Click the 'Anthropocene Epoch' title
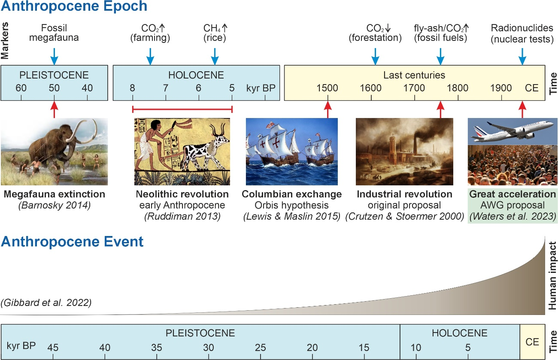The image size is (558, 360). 74,6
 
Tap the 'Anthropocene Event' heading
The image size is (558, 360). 72,242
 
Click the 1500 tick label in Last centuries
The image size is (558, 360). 327,88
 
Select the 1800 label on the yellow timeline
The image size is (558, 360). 458,88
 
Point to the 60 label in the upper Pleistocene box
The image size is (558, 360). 21,88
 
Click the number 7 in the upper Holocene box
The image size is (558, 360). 165,88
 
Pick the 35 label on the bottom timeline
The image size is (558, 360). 156,348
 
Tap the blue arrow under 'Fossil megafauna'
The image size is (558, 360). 55,57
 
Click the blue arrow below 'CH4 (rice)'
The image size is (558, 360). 215,57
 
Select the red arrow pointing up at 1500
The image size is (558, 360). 328,109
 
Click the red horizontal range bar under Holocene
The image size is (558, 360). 182,109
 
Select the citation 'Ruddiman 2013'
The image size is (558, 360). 182,216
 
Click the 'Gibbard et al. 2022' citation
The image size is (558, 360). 46,303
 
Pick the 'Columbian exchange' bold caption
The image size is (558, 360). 292,194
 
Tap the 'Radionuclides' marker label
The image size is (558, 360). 522,28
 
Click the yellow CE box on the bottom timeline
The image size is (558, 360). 532,342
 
